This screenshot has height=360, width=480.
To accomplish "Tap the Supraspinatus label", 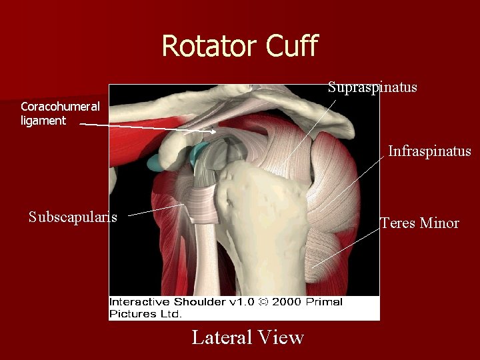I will (x=372, y=87).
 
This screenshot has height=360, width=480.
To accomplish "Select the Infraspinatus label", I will (x=429, y=151).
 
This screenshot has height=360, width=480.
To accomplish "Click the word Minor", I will (x=439, y=223).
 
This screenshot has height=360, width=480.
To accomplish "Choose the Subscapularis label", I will (x=73, y=217).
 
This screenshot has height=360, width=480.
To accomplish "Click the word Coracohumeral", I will (x=60, y=107).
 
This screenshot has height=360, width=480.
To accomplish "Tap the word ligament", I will (x=43, y=121).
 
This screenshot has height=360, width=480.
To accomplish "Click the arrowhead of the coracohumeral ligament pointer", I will (x=212, y=131).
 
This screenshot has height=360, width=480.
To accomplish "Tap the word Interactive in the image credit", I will (x=137, y=302).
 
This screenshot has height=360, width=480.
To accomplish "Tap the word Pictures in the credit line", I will (x=131, y=313).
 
